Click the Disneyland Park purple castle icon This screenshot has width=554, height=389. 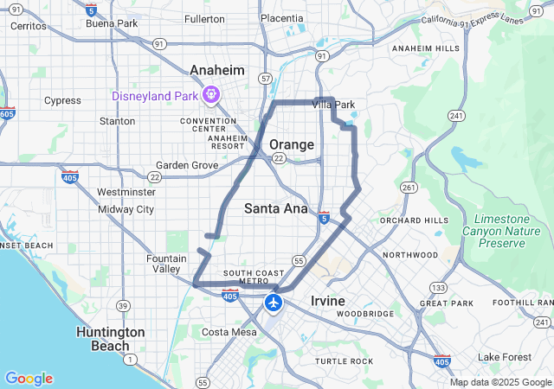click(210, 93)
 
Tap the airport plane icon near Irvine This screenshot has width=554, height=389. click(274, 303)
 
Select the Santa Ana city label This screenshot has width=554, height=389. click(276, 208)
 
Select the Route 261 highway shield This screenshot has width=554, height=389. click(409, 187)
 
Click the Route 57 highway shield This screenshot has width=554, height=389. click(265, 79)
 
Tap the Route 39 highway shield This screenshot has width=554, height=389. click(124, 306)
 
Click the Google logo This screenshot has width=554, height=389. click(29, 379)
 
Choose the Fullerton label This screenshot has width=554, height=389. click(204, 18)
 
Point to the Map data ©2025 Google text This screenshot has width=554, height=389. click(499, 382)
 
